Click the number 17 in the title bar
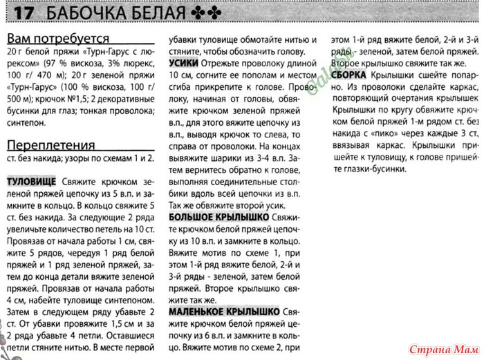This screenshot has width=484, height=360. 24,13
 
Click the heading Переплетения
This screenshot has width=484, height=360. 50,145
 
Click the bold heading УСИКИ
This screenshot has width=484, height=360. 183,61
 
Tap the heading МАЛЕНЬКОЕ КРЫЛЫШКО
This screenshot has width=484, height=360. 224,312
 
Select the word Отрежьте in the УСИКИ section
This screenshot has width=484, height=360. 214,61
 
